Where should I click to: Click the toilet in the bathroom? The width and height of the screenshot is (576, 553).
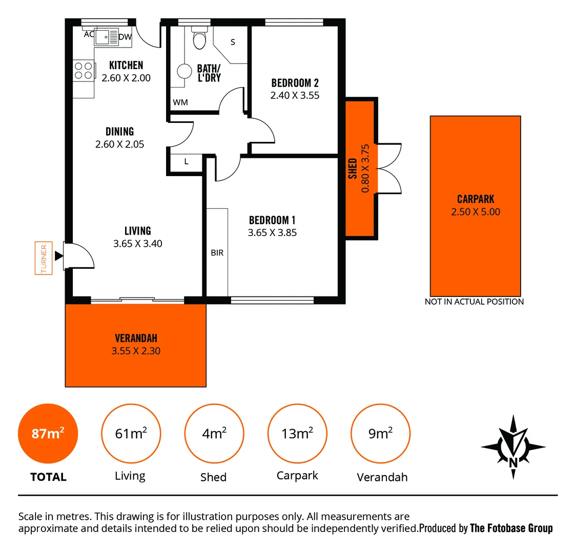199,38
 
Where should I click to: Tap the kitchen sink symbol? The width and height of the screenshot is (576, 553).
106,37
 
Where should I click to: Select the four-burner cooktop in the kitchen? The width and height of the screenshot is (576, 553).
84,71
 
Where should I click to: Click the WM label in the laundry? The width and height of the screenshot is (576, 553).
180,102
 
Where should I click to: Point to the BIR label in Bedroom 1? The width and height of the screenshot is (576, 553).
217,253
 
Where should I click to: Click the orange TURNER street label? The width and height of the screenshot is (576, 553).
44,258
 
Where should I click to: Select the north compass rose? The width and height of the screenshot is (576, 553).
513,446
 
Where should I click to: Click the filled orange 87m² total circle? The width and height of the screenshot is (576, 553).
48,434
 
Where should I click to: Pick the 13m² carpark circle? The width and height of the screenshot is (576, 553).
297,434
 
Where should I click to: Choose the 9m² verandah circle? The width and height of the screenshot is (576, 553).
380,434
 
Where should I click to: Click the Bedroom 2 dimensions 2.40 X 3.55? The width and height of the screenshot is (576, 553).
295,95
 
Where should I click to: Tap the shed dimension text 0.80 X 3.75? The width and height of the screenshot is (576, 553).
365,168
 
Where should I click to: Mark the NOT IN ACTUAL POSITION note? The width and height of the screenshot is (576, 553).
474,302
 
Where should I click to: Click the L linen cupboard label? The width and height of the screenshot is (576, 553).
186,161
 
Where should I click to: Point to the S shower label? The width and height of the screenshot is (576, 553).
233,42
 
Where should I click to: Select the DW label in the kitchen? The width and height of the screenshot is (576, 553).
125,37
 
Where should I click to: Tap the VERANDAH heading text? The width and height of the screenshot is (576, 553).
136,338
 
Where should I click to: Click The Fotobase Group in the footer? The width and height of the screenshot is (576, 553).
511,528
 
